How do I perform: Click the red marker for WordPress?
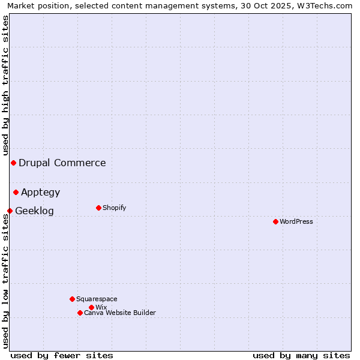point(275,221)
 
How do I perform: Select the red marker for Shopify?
point(98,208)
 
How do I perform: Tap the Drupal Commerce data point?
point(13,163)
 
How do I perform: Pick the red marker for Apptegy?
point(16,192)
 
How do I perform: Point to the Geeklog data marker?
point(10,211)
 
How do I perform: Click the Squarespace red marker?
point(72,299)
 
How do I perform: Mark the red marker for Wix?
point(91,307)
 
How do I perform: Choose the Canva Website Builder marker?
point(80,313)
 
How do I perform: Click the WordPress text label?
point(296,221)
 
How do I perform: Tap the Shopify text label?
point(115,208)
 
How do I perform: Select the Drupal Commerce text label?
point(62,163)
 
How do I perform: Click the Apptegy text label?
point(41,192)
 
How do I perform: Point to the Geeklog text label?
point(34,211)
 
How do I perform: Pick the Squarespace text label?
point(97,299)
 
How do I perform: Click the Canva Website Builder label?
point(120,313)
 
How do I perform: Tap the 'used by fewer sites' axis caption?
point(62,355)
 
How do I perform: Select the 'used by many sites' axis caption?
point(301,355)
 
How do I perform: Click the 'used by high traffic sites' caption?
point(5,86)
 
